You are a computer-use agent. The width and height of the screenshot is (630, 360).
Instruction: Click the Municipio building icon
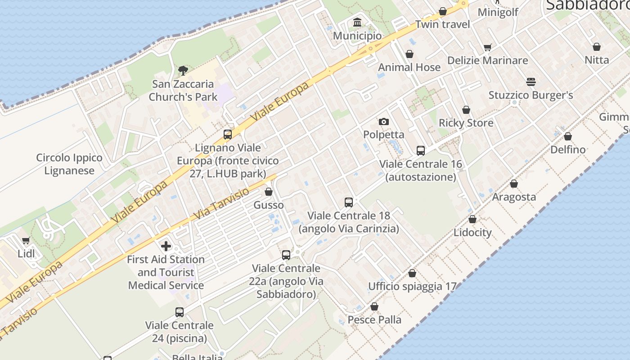pyautogui.click(x=357, y=22)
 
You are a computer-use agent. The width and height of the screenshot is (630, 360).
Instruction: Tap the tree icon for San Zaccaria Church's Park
pyautogui.click(x=183, y=70)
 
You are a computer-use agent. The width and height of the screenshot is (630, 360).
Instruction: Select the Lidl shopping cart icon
pyautogui.click(x=26, y=240)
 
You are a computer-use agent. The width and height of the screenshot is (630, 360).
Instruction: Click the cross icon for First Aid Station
pyautogui.click(x=166, y=246)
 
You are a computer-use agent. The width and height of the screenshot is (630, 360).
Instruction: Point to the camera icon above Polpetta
pyautogui.click(x=383, y=121)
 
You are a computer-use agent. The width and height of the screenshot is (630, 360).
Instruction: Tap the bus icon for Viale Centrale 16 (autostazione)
pyautogui.click(x=421, y=151)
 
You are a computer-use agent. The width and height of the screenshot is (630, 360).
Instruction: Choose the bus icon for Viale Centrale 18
pyautogui.click(x=349, y=202)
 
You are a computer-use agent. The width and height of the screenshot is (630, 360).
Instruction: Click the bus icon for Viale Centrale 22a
pyautogui.click(x=286, y=255)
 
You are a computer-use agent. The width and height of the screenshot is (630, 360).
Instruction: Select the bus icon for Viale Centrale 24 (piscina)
pyautogui.click(x=179, y=312)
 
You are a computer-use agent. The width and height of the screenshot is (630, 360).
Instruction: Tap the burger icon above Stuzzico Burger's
pyautogui.click(x=531, y=82)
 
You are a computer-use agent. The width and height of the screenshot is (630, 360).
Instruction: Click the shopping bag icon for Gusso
pyautogui.click(x=269, y=192)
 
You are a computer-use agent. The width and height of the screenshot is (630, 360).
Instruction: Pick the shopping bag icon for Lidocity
pyautogui.click(x=472, y=219)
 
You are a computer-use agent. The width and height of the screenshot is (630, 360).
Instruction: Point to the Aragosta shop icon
pyautogui.click(x=514, y=184)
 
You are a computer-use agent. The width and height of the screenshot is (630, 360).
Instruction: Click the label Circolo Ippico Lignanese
pyautogui.click(x=69, y=164)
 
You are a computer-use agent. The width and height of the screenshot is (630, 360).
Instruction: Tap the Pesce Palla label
pyautogui.click(x=374, y=319)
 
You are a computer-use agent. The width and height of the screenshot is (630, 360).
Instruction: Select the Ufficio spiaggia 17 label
pyautogui.click(x=412, y=286)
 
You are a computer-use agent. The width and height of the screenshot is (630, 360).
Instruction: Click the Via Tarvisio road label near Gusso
pyautogui.click(x=221, y=205)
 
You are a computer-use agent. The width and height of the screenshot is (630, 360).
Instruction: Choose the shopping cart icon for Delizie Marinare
pyautogui.click(x=487, y=47)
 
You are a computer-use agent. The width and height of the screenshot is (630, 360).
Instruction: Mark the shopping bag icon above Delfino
pyautogui.click(x=568, y=136)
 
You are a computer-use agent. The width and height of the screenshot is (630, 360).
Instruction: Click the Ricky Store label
pyautogui.click(x=466, y=123)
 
